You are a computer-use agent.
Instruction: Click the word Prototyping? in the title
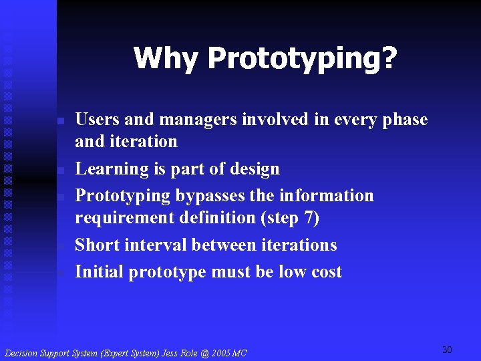pyautogui.click(x=302, y=59)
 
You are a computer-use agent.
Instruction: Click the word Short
pyautogui.click(x=96, y=245)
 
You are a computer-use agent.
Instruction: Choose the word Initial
pyautogui.click(x=99, y=271)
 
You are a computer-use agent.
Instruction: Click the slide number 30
pyautogui.click(x=447, y=350)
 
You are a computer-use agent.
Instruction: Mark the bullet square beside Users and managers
pyautogui.click(x=59, y=121)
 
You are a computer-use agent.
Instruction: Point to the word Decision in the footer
pyautogui.click(x=21, y=352)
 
